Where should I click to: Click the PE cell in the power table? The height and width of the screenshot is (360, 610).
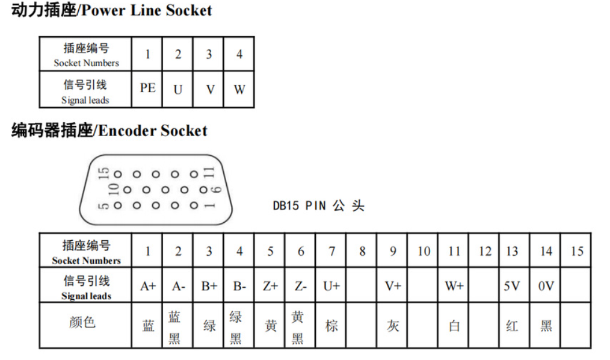point(147,88)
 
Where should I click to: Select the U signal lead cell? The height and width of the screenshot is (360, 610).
point(178,89)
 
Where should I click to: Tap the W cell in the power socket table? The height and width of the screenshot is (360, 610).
point(239,89)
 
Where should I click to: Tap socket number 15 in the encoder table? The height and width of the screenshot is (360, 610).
point(577,251)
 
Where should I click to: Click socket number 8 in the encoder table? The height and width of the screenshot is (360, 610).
point(362,251)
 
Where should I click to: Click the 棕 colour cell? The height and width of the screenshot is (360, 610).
point(331,326)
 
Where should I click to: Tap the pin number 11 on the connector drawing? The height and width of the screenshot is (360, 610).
point(209,172)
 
